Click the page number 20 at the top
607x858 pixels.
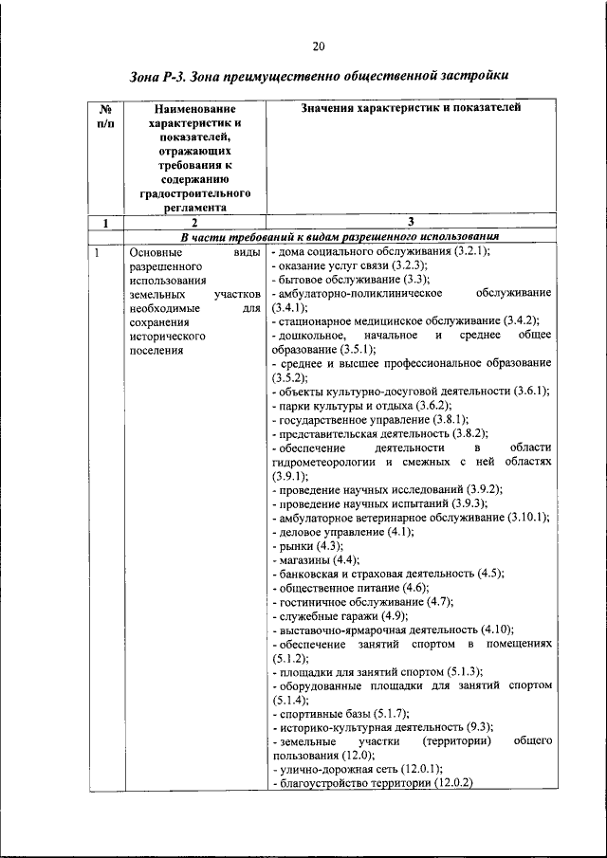[318, 46]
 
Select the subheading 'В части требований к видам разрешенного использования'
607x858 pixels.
[340, 237]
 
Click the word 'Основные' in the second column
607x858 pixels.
[156, 252]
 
